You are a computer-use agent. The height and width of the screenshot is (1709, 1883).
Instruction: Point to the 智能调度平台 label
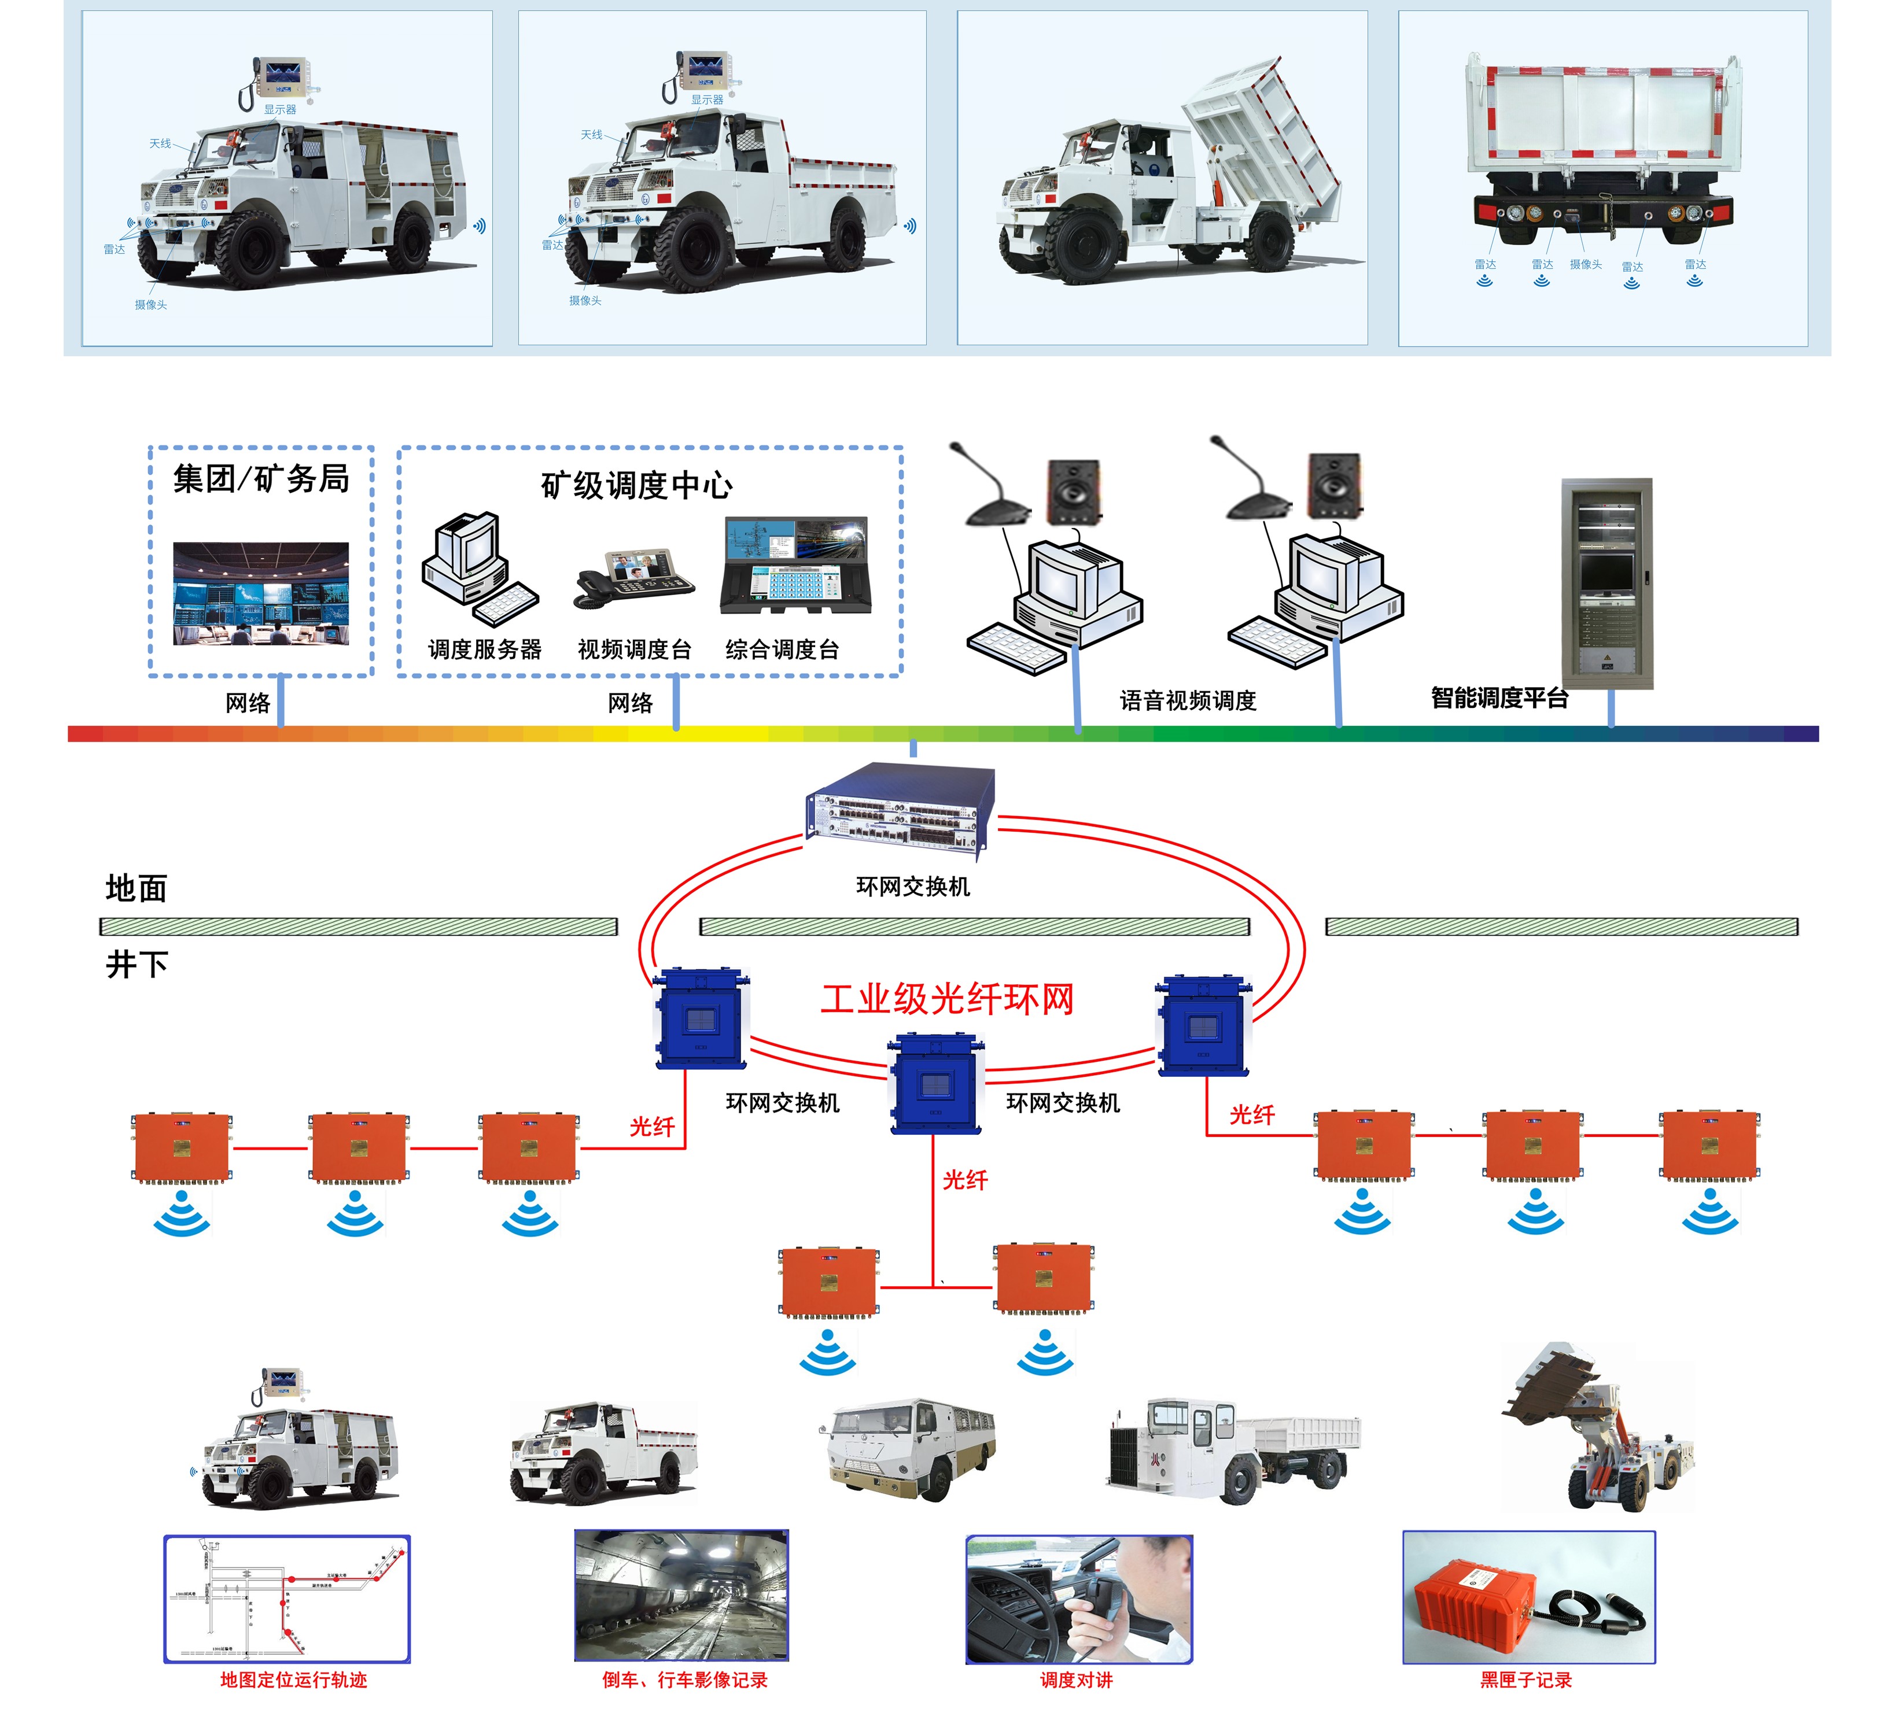click(x=1498, y=697)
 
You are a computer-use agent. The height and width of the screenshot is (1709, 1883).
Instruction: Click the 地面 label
click(x=137, y=888)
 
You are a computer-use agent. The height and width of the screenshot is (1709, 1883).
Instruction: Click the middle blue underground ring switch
click(x=935, y=1083)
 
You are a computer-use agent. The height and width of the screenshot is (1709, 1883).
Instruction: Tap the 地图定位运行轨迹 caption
click(x=293, y=1680)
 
